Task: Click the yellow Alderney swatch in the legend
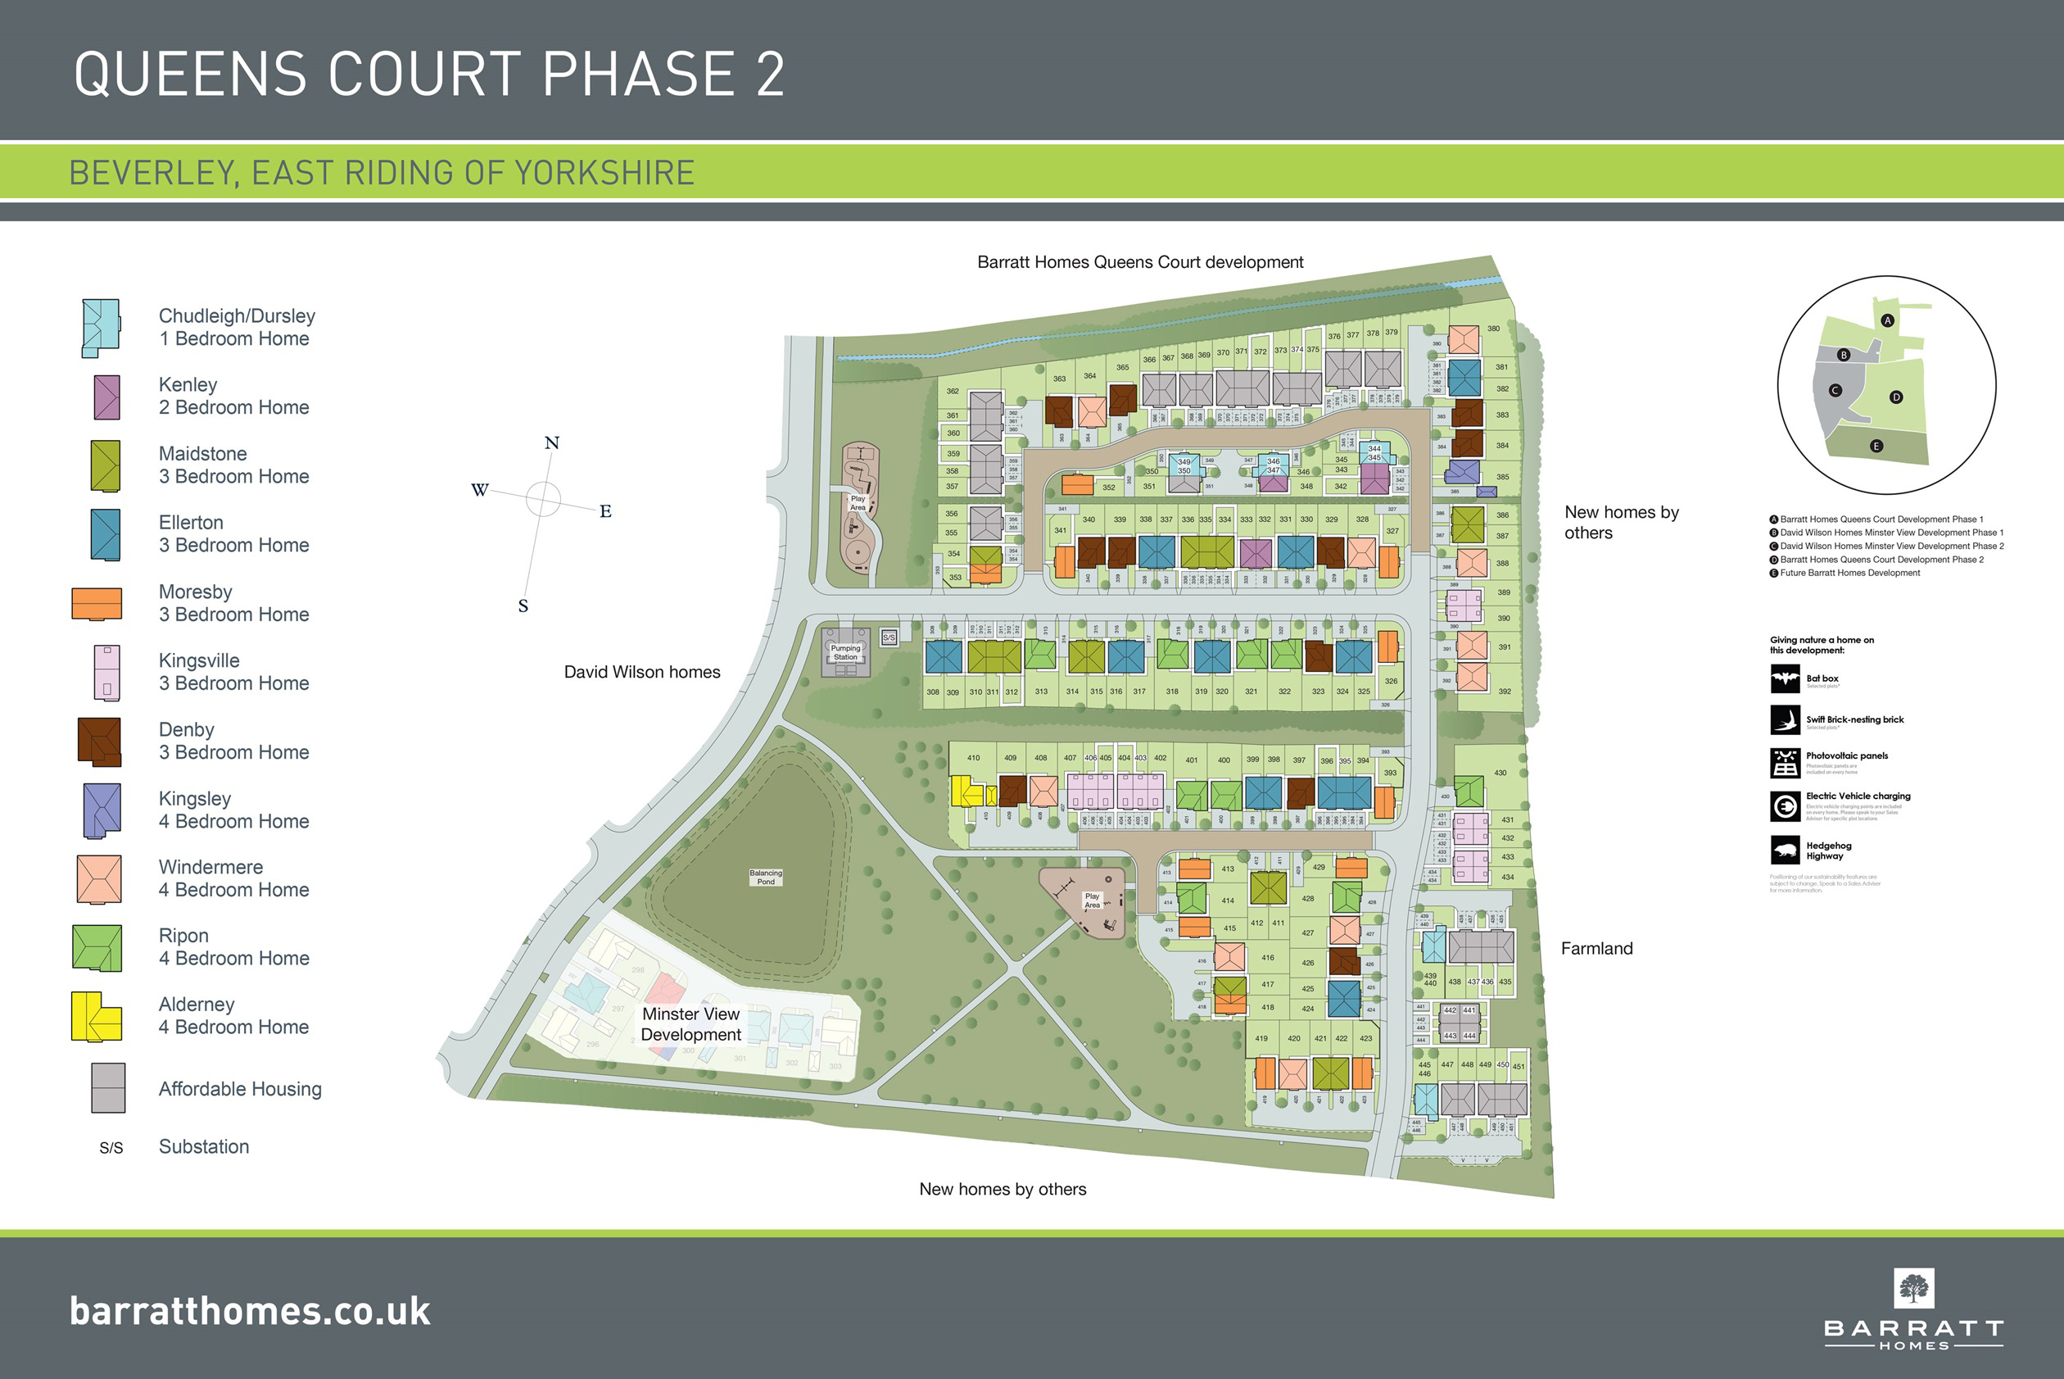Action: tap(96, 1017)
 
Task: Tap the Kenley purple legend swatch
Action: tap(106, 397)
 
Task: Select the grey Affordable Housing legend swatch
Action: tap(108, 1088)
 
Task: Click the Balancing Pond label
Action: tap(766, 877)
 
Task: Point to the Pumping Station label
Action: tap(845, 652)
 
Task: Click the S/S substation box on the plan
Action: tap(889, 637)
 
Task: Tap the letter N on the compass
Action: tap(552, 443)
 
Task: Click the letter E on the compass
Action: tap(605, 512)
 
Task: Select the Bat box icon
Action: tap(1785, 679)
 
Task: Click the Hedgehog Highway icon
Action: tap(1785, 851)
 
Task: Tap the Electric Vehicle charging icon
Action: tap(1785, 805)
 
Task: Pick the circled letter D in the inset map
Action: tap(1896, 397)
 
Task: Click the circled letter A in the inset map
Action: tap(1886, 321)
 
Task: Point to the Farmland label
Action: tap(1596, 949)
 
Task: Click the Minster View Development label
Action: tap(691, 1024)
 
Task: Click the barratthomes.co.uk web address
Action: tap(251, 1311)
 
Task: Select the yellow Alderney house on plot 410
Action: tap(966, 791)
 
